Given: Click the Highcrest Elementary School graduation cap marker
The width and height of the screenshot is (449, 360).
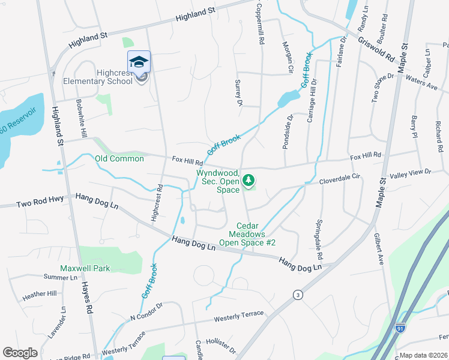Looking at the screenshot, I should pos(139,62).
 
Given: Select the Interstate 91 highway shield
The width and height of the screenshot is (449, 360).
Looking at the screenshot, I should pos(400,328).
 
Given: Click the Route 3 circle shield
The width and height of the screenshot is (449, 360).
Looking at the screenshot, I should pos(297,295).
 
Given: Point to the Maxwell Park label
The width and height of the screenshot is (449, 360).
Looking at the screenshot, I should pos(85,268).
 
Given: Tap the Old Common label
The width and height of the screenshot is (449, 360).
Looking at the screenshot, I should pos(119,158).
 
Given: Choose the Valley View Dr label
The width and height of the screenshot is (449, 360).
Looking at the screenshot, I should pos(411,173).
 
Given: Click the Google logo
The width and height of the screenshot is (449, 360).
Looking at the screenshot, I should pos(20,353).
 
